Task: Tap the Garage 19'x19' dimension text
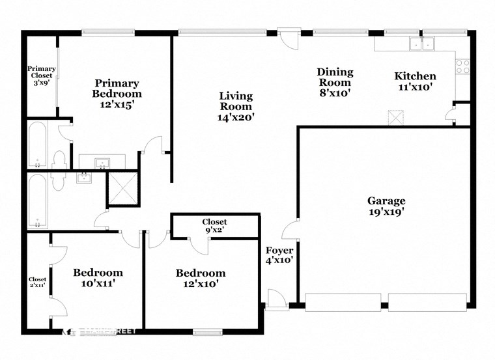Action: tap(386, 212)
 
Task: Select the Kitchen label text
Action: tap(415, 76)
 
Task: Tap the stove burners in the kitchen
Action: tap(462, 66)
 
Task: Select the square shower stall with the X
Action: tap(123, 188)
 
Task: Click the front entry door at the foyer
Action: tap(276, 298)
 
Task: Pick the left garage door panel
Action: tap(343, 301)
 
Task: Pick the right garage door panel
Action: tap(427, 301)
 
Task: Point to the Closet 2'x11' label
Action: tap(37, 282)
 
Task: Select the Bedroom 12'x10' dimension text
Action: tap(201, 284)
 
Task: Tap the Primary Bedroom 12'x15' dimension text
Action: tap(117, 104)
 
